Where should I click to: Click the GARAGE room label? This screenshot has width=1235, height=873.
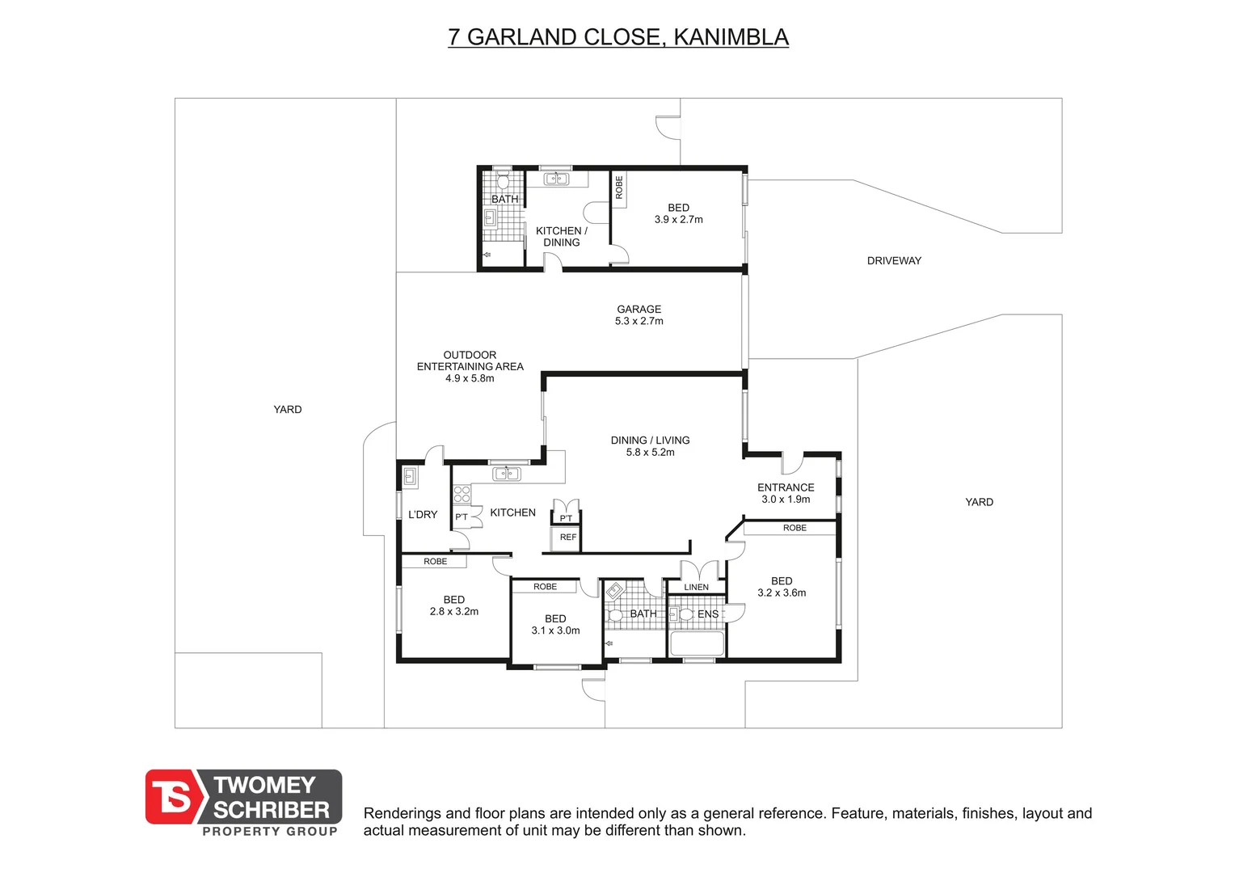[639, 310]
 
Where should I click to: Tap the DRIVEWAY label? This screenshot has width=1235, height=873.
[894, 261]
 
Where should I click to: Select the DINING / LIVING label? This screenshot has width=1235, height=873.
[650, 440]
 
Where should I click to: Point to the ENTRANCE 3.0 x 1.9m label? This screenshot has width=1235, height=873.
[786, 493]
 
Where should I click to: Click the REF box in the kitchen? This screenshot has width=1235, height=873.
[568, 538]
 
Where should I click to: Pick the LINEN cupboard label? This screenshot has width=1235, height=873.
[696, 588]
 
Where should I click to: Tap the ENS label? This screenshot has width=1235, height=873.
[708, 614]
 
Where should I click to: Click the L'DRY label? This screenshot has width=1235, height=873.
[423, 515]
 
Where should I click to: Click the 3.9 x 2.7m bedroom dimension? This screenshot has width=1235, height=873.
[678, 220]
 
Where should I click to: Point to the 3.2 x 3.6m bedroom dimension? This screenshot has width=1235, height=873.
[782, 593]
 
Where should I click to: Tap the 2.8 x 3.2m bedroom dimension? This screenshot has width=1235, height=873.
[453, 612]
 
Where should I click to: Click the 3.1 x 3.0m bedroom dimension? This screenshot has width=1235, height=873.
[555, 630]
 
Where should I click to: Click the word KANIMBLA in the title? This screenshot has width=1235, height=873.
[731, 37]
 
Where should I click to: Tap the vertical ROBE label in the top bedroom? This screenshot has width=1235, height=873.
[618, 188]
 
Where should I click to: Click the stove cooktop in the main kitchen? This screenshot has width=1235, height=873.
[462, 494]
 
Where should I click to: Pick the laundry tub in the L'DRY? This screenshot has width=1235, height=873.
[410, 477]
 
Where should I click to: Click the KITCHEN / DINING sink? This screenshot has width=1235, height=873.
[556, 179]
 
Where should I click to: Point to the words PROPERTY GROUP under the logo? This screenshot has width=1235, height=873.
[270, 831]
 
